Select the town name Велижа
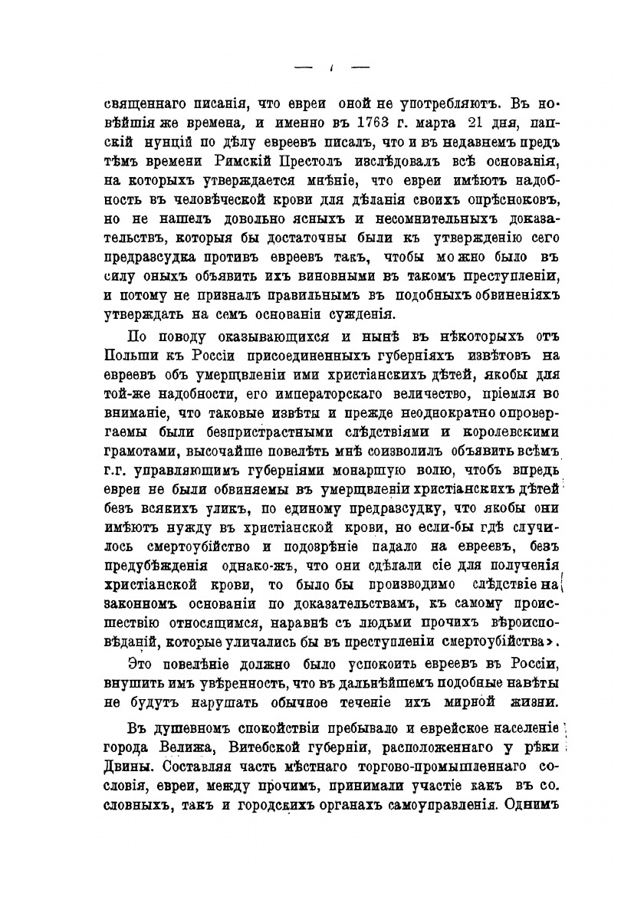tap(186, 746)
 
